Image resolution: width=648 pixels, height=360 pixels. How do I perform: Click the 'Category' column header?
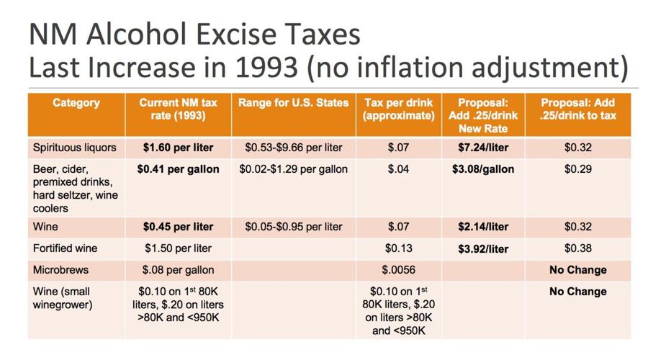pyautogui.click(x=76, y=103)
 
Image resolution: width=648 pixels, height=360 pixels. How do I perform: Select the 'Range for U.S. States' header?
pyautogui.click(x=293, y=103)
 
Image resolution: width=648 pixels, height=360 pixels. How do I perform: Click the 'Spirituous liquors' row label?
pyautogui.click(x=74, y=148)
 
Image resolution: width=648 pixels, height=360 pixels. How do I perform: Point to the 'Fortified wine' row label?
pyautogui.click(x=65, y=248)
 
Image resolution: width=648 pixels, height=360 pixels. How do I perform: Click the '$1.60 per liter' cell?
pyautogui.click(x=178, y=148)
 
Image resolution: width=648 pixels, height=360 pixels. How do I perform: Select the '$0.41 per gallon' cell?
pyautogui.click(x=178, y=169)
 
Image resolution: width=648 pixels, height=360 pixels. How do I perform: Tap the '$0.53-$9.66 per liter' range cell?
pyautogui.click(x=293, y=148)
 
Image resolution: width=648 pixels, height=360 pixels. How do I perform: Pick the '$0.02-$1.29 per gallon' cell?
pyautogui.click(x=293, y=169)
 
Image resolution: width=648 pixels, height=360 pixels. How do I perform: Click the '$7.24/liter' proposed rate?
pyautogui.click(x=483, y=148)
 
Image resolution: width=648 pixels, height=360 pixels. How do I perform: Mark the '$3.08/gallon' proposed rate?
pyautogui.click(x=483, y=169)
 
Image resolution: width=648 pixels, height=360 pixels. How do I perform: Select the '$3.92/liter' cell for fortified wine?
pyautogui.click(x=483, y=249)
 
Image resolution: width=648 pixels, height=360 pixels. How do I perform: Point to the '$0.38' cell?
pyautogui.click(x=577, y=248)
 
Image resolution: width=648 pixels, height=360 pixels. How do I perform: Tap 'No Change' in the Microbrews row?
pyautogui.click(x=577, y=270)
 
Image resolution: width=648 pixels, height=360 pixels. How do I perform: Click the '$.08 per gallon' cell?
pyautogui.click(x=178, y=270)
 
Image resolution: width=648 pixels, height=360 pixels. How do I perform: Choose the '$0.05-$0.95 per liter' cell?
pyautogui.click(x=293, y=227)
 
